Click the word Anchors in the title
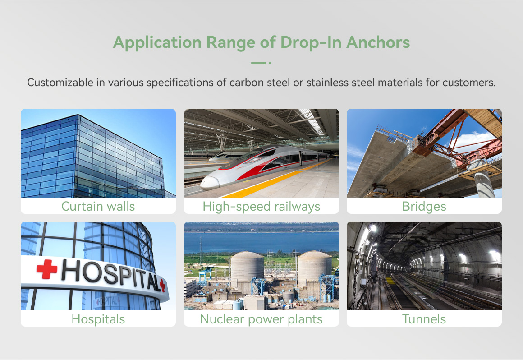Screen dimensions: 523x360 pos(378,42)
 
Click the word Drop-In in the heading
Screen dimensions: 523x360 pos(311,42)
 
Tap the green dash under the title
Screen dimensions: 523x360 pos(258,63)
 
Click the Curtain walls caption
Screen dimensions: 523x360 pos(98,206)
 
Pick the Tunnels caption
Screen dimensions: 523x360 pos(424,319)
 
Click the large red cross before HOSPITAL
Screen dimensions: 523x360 pos(47,269)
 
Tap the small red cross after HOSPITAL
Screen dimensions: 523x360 pos(162,285)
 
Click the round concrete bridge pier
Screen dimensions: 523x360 pos(484,182)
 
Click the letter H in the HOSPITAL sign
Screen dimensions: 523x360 pos(71,270)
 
